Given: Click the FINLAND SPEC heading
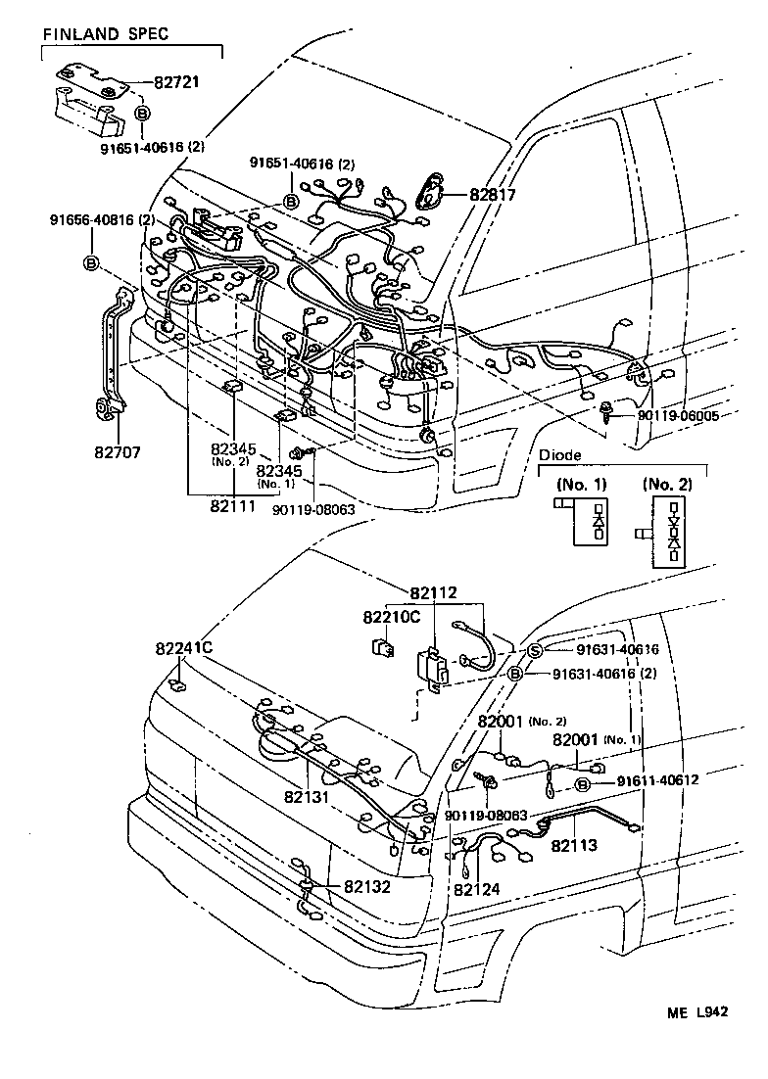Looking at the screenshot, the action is pyautogui.click(x=105, y=33).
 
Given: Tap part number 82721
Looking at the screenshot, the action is pyautogui.click(x=176, y=82).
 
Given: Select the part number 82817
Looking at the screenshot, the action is pyautogui.click(x=492, y=195).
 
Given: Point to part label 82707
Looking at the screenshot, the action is pyautogui.click(x=118, y=452).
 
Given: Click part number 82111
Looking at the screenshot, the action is pyautogui.click(x=233, y=506).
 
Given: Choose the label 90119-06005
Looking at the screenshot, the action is pyautogui.click(x=677, y=415).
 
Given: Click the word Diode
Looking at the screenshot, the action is pyautogui.click(x=559, y=455).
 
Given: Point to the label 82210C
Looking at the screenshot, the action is pyautogui.click(x=392, y=617).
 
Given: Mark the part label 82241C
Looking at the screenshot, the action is pyautogui.click(x=184, y=648).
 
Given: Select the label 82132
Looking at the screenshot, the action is pyautogui.click(x=367, y=887).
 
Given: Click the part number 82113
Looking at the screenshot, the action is pyautogui.click(x=574, y=845).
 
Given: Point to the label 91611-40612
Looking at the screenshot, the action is pyautogui.click(x=657, y=780).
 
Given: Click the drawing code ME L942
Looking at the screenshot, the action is pyautogui.click(x=696, y=1011).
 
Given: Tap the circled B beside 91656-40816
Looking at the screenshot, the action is pyautogui.click(x=92, y=262).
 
